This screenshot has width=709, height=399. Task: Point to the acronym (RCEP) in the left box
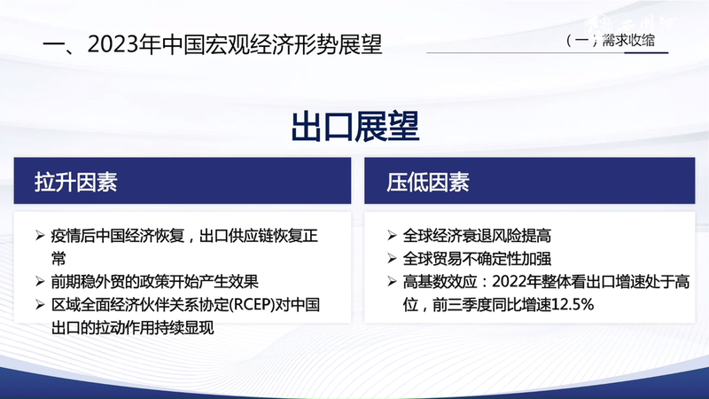253,306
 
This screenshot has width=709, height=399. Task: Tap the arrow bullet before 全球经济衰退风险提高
392,237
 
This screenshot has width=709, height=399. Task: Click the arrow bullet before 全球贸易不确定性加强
392,260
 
